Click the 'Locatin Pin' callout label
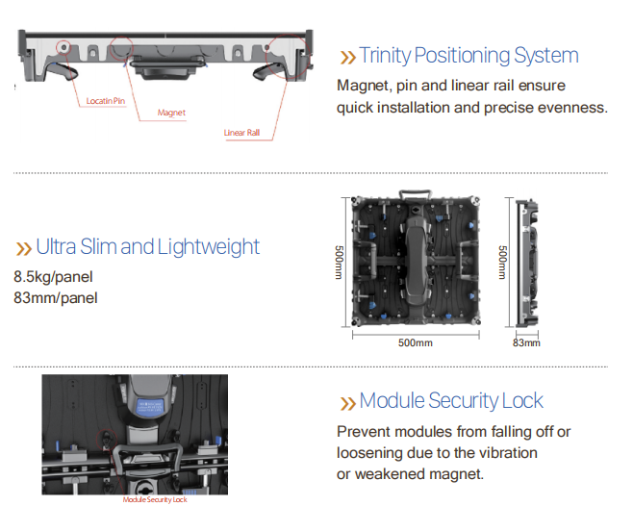[106, 101]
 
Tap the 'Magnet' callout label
[171, 113]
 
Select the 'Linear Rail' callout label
[241, 133]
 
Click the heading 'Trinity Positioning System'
[469, 56]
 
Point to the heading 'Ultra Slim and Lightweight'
[148, 246]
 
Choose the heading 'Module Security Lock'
[451, 400]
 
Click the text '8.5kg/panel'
[53, 277]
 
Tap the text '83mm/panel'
[56, 298]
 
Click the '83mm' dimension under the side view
[526, 342]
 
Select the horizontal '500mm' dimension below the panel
[416, 342]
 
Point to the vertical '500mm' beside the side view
[502, 263]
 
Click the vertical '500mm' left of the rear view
[339, 263]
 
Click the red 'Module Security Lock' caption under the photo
[155, 500]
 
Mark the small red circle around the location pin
[63, 48]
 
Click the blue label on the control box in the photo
[150, 406]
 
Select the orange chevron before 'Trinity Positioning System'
[347, 58]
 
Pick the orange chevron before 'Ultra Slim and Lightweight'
[23, 249]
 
